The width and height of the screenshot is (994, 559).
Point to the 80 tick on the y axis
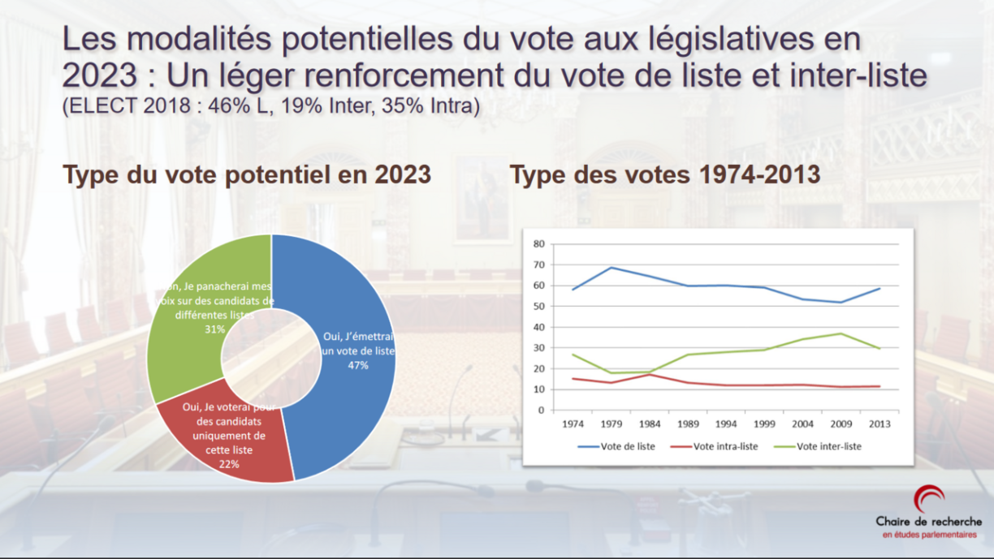538,243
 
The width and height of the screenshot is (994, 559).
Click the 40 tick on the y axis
538,327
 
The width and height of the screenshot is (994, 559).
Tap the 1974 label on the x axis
573,424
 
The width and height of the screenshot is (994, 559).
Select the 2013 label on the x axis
879,424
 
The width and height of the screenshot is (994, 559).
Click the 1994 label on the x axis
726,424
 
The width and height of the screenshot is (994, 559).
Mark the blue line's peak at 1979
611,268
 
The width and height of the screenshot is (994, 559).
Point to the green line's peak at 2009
841,333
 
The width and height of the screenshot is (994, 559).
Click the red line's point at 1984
650,374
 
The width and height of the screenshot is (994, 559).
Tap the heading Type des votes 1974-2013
664,175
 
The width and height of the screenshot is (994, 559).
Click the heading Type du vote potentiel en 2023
247,175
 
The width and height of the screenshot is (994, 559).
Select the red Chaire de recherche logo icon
928,499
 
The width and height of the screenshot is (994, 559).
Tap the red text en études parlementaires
929,535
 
